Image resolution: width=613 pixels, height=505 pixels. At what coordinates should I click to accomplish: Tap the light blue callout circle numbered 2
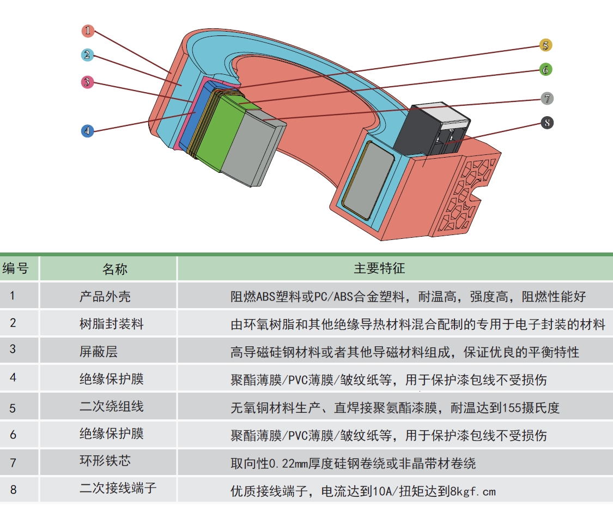pos(88,55)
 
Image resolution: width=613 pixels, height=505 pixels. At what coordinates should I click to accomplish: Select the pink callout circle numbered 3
pos(87,82)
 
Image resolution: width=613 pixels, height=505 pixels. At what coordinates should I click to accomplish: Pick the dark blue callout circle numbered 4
pos(87,131)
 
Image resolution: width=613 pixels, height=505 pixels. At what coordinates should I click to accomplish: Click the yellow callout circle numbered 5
pos(545,45)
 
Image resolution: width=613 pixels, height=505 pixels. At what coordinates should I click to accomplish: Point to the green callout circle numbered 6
pos(545,70)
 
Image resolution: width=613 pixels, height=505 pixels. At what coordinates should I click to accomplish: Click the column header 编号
pos(20,268)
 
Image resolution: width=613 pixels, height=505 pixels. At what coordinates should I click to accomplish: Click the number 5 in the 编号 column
pos(13,407)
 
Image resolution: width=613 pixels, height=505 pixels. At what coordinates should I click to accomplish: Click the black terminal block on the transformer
pos(430,128)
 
